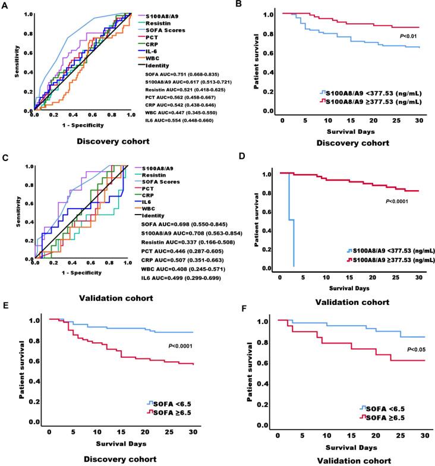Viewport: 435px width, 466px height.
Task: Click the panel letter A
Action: [x=5, y=5]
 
